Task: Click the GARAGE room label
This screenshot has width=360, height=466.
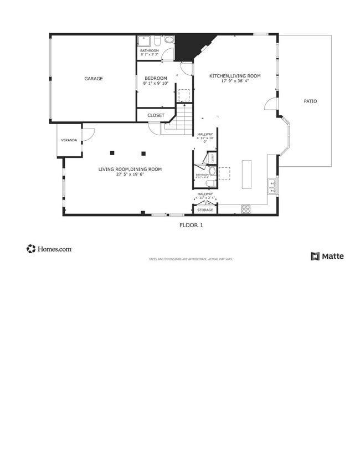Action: (93, 79)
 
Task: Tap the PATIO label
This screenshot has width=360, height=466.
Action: (311, 101)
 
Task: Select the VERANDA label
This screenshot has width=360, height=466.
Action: (69, 140)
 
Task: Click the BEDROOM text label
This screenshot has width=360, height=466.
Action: (156, 78)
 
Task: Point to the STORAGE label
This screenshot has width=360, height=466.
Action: (205, 210)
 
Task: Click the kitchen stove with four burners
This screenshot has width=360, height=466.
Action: (246, 208)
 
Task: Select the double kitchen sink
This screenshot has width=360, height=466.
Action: (272, 186)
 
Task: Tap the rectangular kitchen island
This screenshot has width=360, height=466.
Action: (246, 174)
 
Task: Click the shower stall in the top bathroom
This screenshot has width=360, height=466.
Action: (143, 41)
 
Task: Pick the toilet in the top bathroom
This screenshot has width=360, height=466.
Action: (157, 40)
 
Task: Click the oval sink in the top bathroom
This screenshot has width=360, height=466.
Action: (169, 40)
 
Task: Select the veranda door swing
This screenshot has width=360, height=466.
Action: (88, 134)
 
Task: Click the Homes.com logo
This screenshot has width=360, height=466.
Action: (49, 249)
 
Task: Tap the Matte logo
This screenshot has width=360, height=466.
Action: (327, 256)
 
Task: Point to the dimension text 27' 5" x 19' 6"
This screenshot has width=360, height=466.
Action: (130, 174)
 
